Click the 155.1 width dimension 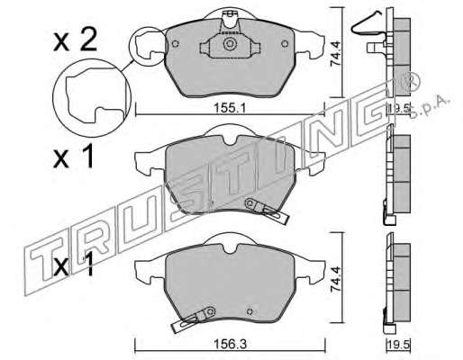[230, 108]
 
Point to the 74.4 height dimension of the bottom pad [335, 279]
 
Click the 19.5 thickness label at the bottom [398, 345]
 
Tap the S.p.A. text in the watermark [430, 107]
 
